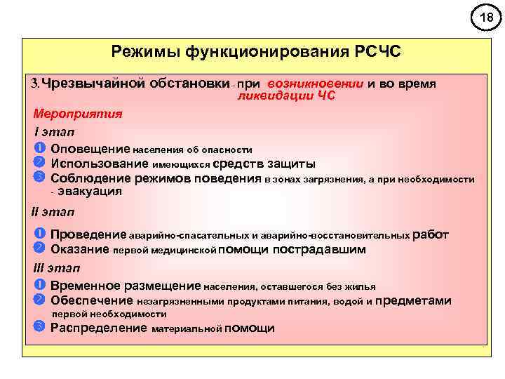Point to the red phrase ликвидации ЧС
(286, 96)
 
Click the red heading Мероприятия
(78, 114)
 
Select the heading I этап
(55, 132)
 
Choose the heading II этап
(53, 212)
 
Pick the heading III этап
(57, 267)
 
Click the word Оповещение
(90, 149)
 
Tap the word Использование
(98, 164)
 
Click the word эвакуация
(89, 191)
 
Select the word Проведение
(88, 234)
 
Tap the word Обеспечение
(92, 300)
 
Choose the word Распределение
(98, 328)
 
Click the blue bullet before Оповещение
(39, 148)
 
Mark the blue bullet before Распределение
(39, 327)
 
